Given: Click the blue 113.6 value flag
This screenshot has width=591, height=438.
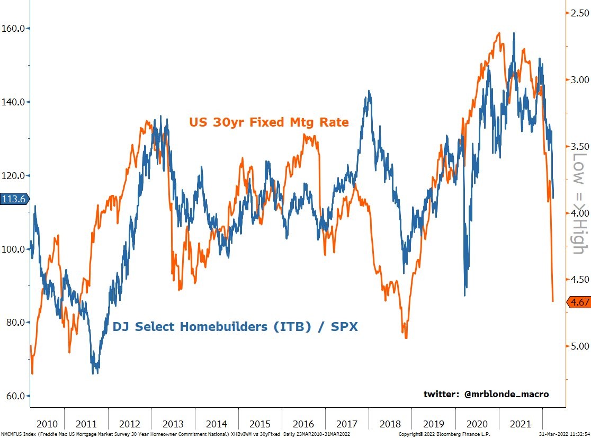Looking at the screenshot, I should point(15,199).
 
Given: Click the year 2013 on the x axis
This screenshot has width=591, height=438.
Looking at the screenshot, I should point(173,424).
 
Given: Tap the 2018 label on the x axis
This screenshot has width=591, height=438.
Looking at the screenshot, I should point(390,424).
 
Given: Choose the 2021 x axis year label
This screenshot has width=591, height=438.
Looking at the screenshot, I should point(521,424).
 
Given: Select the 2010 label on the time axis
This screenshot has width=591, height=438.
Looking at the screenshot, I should point(47,424).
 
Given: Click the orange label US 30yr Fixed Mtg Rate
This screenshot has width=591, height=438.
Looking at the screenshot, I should point(268,122).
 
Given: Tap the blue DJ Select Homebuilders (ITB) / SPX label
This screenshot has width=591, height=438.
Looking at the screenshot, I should point(235,327).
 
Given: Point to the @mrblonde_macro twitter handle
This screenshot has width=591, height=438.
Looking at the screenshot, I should point(486,394).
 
